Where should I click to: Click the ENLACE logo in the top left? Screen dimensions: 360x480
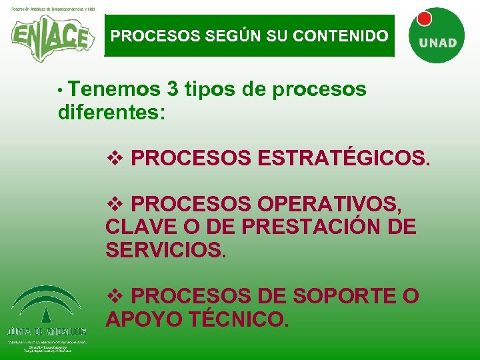[50, 37]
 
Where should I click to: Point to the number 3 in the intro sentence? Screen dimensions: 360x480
[173, 89]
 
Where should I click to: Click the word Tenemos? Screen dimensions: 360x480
[114, 89]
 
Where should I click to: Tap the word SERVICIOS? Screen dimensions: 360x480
[166, 250]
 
